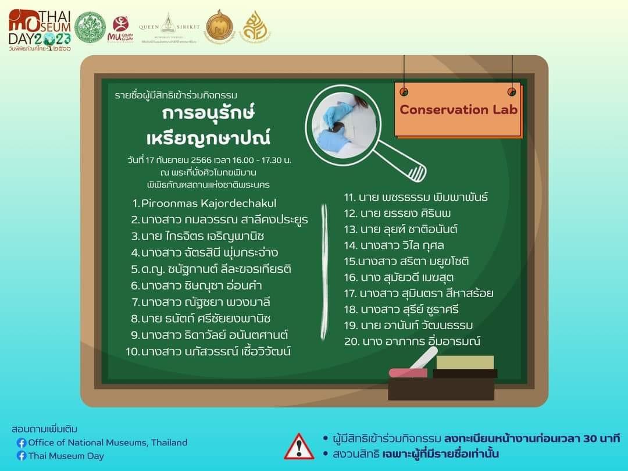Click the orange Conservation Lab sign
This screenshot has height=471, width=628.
pos(458,109)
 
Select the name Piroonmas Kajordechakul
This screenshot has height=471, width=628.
pos(204,204)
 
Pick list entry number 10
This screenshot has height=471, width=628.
pos(208,351)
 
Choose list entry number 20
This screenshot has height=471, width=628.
pos(412,341)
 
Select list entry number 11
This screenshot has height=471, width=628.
pos(415,197)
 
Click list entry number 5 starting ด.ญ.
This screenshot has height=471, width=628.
pos(211,269)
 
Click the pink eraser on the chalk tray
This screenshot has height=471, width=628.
pos(407,372)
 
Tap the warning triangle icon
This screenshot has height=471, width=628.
pos(299,446)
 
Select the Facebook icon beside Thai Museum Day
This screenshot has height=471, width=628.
pos(22,456)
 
